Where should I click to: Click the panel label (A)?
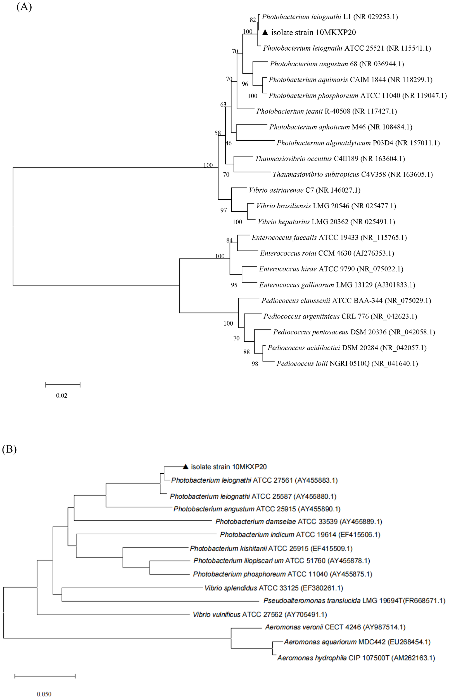pyautogui.click(x=24, y=7)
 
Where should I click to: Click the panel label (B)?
pyautogui.click(x=9, y=449)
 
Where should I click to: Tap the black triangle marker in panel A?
pyautogui.click(x=265, y=32)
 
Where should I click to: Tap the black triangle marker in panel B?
pyautogui.click(x=186, y=467)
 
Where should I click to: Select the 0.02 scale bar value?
pyautogui.click(x=61, y=396)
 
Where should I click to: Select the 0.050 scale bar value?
pyautogui.click(x=44, y=694)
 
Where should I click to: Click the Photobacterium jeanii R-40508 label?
pyautogui.click(x=326, y=111)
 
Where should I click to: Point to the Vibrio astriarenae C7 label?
pyautogui.click(x=304, y=190)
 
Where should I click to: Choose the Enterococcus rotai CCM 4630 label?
pyautogui.click(x=327, y=253)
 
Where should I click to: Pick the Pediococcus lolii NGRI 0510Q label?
pyautogui.click(x=347, y=363)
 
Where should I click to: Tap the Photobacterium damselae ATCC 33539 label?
pyautogui.click(x=299, y=522)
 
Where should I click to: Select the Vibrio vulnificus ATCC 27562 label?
pyautogui.click(x=260, y=615)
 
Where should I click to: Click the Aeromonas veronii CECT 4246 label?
pyautogui.click(x=335, y=627)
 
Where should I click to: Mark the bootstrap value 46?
pyautogui.click(x=229, y=143)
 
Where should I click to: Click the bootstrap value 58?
pyautogui.click(x=217, y=133)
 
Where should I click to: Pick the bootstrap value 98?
pyautogui.click(x=255, y=364)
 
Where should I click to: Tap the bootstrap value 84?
pyautogui.click(x=229, y=240)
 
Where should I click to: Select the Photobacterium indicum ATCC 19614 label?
pyautogui.click(x=300, y=535)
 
